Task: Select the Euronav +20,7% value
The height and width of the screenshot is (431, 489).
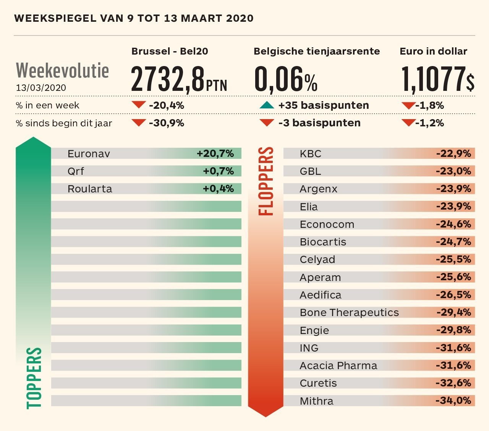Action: pyautogui.click(x=215, y=153)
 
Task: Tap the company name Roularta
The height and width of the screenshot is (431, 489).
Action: pyautogui.click(x=90, y=189)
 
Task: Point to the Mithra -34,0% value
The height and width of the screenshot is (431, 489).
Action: pyautogui.click(x=453, y=400)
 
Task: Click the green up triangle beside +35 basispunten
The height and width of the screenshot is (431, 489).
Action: pyautogui.click(x=267, y=105)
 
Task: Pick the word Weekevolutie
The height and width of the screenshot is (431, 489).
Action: pyautogui.click(x=62, y=71)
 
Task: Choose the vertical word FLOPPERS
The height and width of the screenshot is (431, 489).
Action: pyautogui.click(x=266, y=181)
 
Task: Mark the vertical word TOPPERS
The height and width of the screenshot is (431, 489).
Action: pyautogui.click(x=34, y=378)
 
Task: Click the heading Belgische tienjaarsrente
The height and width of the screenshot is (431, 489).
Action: pyautogui.click(x=317, y=52)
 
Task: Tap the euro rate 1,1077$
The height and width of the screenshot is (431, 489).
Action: pyautogui.click(x=438, y=79)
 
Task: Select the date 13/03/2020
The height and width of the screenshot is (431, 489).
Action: pyautogui.click(x=41, y=88)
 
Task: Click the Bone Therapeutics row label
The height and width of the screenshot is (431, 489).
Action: pyautogui.click(x=349, y=313)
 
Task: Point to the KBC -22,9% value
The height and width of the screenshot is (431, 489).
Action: pyautogui.click(x=453, y=153)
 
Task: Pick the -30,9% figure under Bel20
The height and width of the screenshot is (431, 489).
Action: pyautogui.click(x=167, y=123)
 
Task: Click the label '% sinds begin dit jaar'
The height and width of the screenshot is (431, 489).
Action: pyautogui.click(x=64, y=123)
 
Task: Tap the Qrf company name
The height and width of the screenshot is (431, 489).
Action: pyautogui.click(x=76, y=171)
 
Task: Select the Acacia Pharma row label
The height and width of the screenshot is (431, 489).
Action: pyautogui.click(x=338, y=366)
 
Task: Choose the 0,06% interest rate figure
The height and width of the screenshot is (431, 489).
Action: pyautogui.click(x=286, y=79)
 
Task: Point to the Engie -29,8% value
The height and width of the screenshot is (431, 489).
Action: pyautogui.click(x=453, y=330)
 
